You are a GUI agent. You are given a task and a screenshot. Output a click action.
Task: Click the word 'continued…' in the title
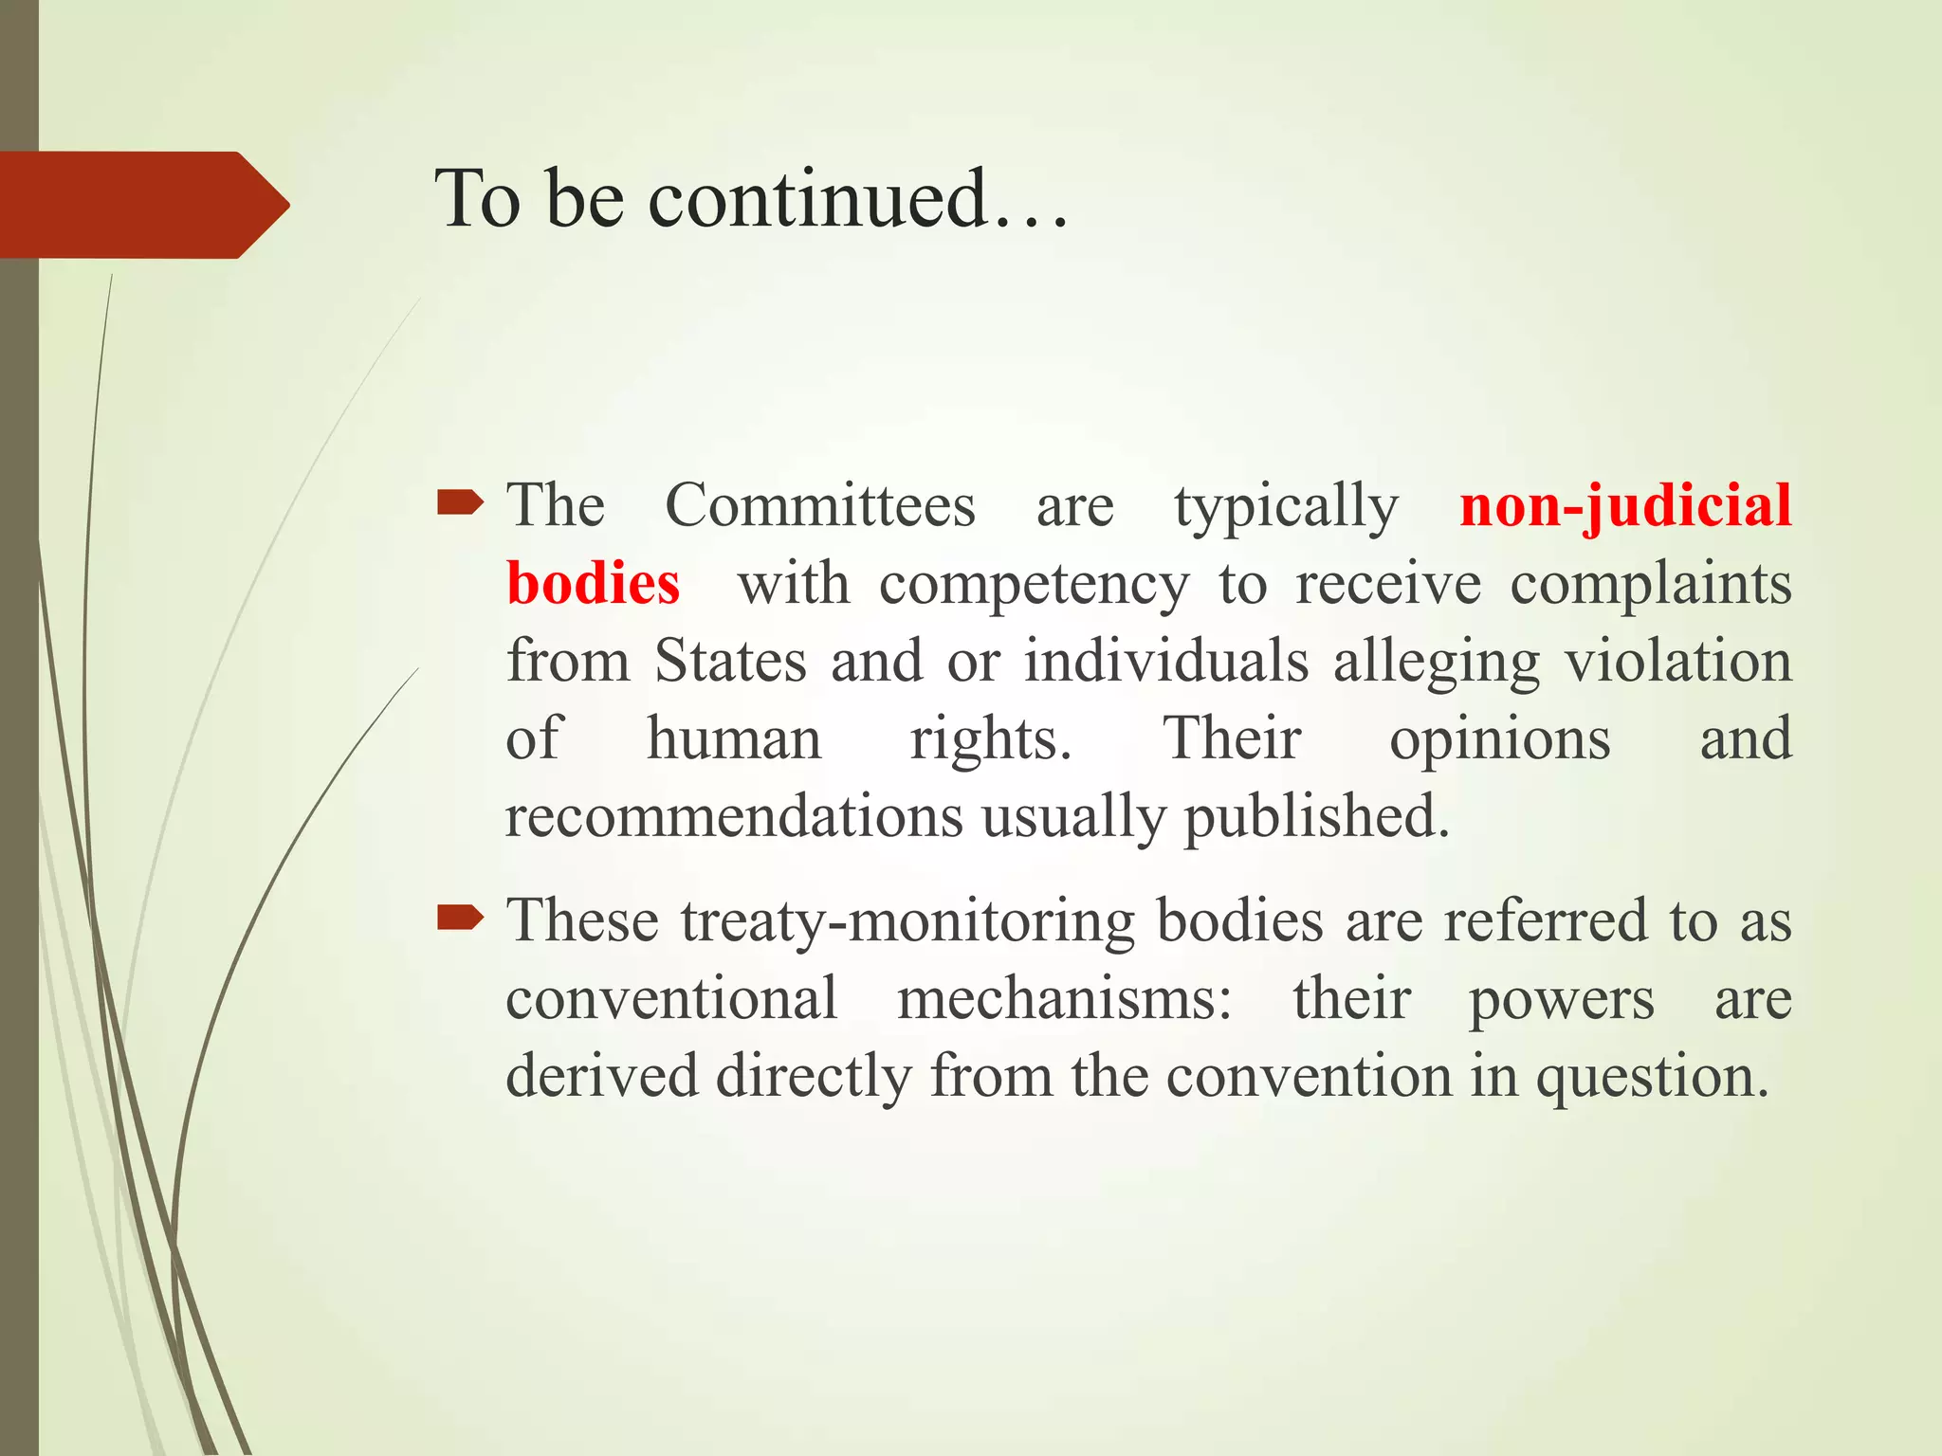click(x=859, y=199)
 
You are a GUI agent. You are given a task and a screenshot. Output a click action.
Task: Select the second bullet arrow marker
click(x=460, y=918)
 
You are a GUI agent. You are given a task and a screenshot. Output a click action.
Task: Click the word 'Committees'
click(x=820, y=505)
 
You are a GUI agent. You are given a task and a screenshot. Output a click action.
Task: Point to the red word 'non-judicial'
click(x=1625, y=505)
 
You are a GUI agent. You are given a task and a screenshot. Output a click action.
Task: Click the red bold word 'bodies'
click(x=594, y=583)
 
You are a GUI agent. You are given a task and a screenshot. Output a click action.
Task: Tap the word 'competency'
click(x=1034, y=585)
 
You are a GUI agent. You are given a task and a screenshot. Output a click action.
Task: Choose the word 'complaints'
click(x=1651, y=585)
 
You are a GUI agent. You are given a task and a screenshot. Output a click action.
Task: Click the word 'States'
click(x=730, y=661)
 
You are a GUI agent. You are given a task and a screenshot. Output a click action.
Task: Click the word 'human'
click(x=734, y=738)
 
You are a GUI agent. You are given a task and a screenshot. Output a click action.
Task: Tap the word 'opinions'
click(x=1500, y=740)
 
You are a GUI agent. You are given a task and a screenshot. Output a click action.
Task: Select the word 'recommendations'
click(x=734, y=816)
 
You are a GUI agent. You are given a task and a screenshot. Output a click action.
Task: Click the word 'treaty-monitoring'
click(x=907, y=921)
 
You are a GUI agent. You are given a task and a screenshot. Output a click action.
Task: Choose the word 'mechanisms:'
click(x=1065, y=999)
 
